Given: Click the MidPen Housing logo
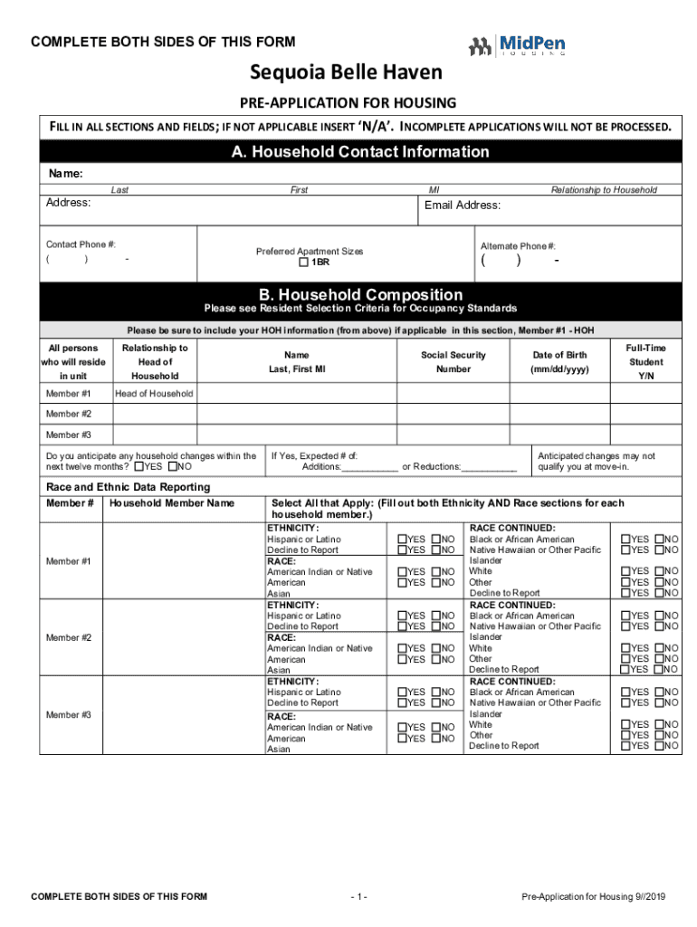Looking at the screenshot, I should [x=517, y=44].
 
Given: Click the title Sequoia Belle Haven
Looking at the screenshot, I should [x=347, y=72].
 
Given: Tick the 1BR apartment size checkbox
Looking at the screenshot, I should [x=304, y=263].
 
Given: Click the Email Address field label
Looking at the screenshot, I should [x=462, y=205].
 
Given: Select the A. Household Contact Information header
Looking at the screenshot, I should [x=359, y=152].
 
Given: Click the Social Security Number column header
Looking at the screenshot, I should [x=453, y=362].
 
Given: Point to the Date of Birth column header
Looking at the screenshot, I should [x=560, y=362].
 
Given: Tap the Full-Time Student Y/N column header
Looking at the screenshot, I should [x=644, y=361].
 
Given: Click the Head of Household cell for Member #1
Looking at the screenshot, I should [x=153, y=394].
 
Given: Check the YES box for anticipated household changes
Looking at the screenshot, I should [x=138, y=467].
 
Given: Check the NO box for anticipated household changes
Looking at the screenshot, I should [x=174, y=467].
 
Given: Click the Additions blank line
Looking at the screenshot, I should [x=369, y=467].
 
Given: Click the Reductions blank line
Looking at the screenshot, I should [x=489, y=467].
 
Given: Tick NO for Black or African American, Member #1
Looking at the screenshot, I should [x=659, y=540].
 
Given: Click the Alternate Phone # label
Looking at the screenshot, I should [x=518, y=246].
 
